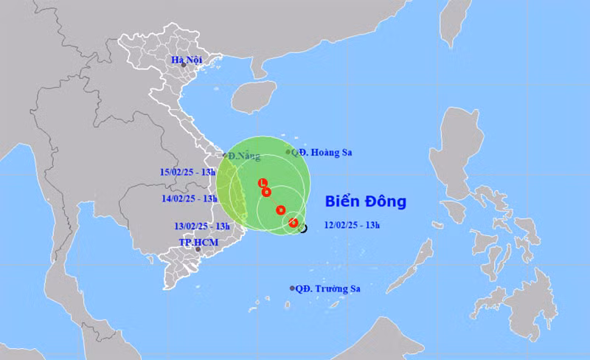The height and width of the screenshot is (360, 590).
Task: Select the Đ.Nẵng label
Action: (x=243, y=156)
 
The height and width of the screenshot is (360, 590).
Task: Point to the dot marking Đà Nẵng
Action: (x=225, y=155)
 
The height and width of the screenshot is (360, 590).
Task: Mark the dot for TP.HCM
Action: (x=198, y=249)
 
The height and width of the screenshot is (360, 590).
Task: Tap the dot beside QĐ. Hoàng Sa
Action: (x=288, y=152)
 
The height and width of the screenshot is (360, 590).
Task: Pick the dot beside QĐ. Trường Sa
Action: (x=292, y=288)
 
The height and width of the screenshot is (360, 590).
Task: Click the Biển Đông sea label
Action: (x=365, y=201)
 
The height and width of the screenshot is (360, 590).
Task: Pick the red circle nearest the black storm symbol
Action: (x=293, y=222)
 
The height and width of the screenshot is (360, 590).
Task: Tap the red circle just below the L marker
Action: (x=267, y=193)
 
